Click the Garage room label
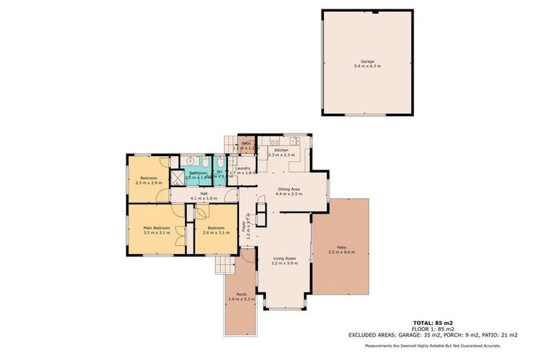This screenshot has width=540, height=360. click(x=367, y=61)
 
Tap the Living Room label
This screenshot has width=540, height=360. click(x=285, y=259)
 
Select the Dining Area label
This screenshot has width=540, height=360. click(x=290, y=188)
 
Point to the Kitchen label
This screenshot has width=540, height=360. click(x=281, y=150)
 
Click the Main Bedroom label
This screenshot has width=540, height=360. click(x=157, y=228)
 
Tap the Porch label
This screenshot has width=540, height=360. click(x=241, y=294)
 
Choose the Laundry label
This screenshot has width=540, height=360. click(x=243, y=168)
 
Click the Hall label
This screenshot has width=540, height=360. click(x=204, y=193)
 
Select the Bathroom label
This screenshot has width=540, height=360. click(x=198, y=173)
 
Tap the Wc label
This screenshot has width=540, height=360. click(x=220, y=172)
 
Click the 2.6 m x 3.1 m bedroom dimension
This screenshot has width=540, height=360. click(x=214, y=233)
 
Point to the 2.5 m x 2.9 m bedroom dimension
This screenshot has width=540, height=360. click(x=148, y=183)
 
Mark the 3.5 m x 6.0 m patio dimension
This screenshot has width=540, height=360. click(x=342, y=252)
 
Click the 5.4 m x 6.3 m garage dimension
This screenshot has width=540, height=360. click(x=367, y=66)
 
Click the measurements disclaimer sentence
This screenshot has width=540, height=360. click(x=442, y=345)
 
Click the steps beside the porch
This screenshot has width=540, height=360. click(x=225, y=265)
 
